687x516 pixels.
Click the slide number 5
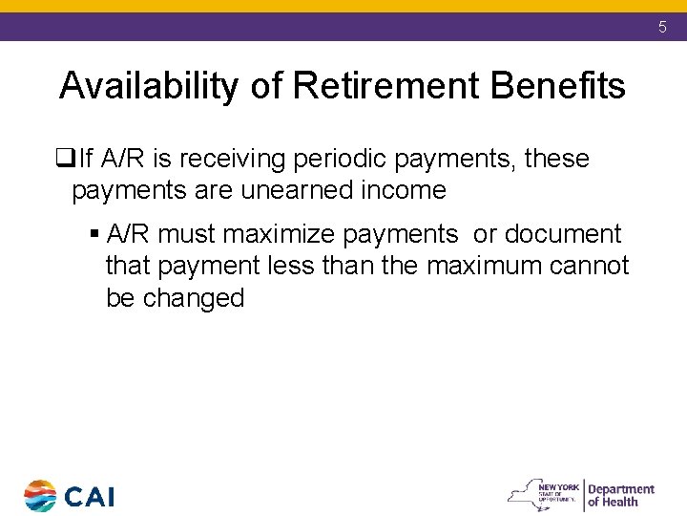point(662,28)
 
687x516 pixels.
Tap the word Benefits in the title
point(557,87)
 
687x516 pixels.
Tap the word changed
point(194,297)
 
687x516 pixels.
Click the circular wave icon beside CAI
point(40,496)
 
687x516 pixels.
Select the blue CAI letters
point(90,497)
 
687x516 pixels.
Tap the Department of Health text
point(620,495)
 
